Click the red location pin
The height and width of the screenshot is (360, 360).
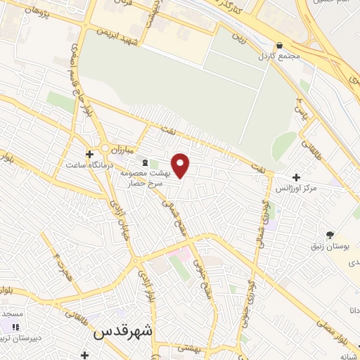(x=181, y=165)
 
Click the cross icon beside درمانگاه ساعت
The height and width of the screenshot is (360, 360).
(x=89, y=154)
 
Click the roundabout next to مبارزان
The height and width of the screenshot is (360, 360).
(x=106, y=149)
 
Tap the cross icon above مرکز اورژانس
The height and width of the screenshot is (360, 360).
(x=295, y=178)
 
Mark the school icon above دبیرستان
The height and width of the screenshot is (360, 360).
(x=15, y=327)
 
